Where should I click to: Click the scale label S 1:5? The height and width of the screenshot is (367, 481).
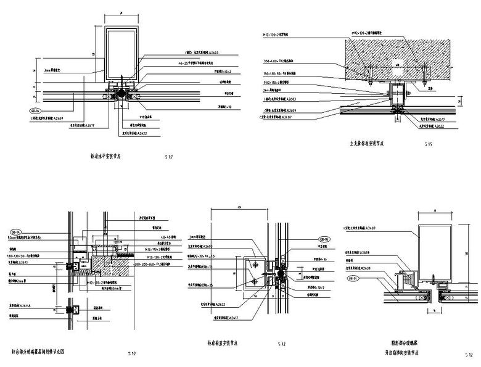click(429, 144)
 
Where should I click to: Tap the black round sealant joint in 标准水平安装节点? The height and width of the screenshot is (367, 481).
click(121, 93)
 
